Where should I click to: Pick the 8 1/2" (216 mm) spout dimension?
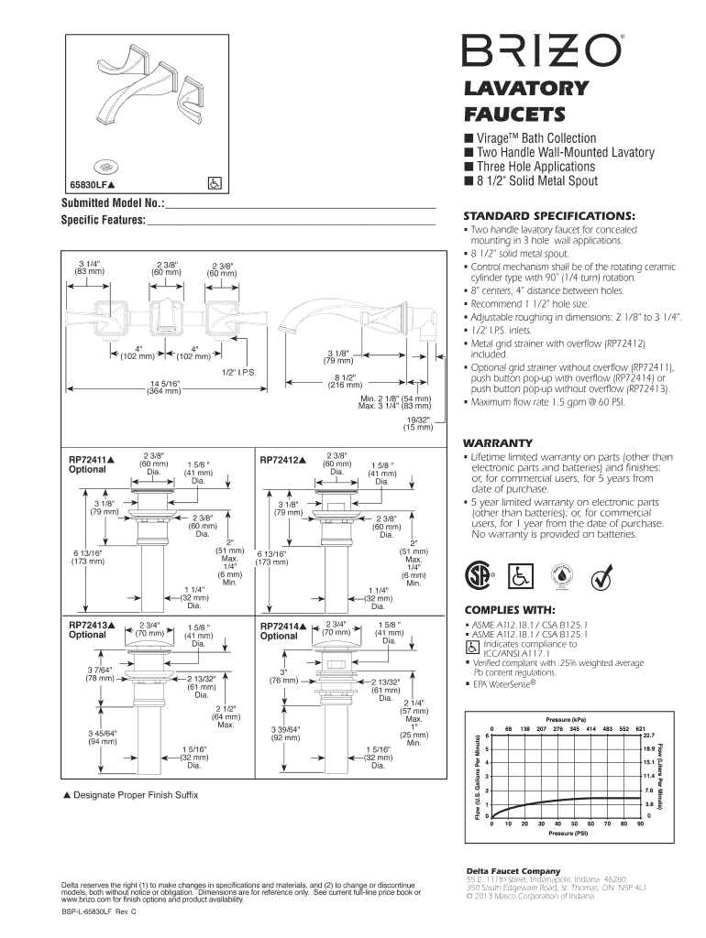pos(345,382)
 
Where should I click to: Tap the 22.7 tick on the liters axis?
pos(648,735)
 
